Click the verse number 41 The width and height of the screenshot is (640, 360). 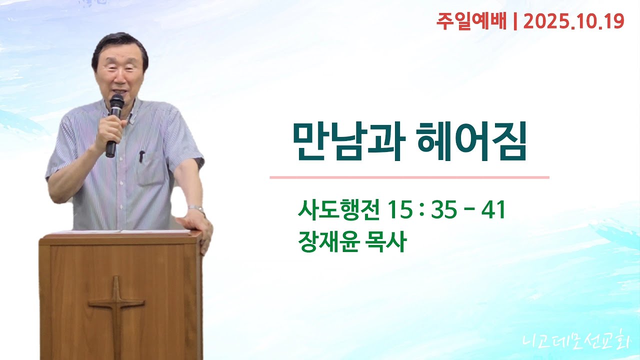tap(493, 210)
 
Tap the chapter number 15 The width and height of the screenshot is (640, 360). tap(399, 210)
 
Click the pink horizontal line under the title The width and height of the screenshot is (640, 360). tap(409, 177)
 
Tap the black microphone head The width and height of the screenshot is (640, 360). tap(116, 102)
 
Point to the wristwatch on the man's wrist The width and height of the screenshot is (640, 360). tap(196, 208)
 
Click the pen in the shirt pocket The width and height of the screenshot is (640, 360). tap(142, 156)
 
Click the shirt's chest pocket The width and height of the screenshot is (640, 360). tap(150, 167)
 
